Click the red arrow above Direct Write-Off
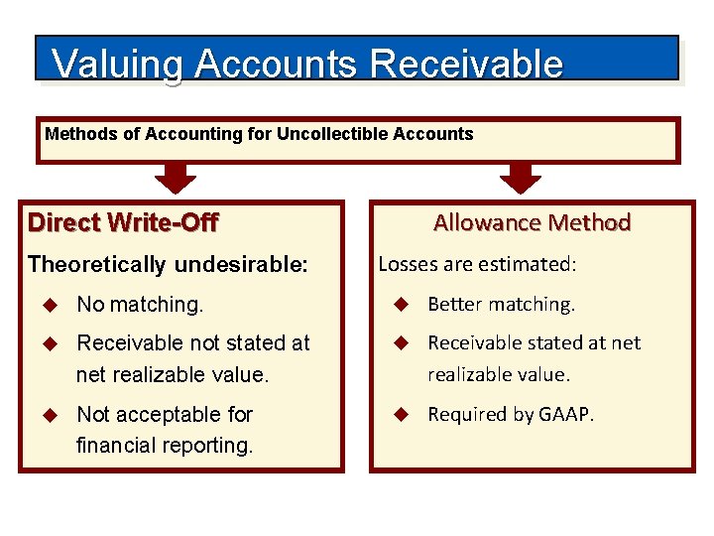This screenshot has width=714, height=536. pos(176,177)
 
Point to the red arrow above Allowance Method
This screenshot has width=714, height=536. pos(520,177)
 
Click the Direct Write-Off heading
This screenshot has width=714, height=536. pos(123,222)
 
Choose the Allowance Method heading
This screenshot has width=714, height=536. pos(532,222)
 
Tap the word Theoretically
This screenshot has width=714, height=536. pos(97,265)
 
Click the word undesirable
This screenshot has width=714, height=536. pos(241,265)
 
